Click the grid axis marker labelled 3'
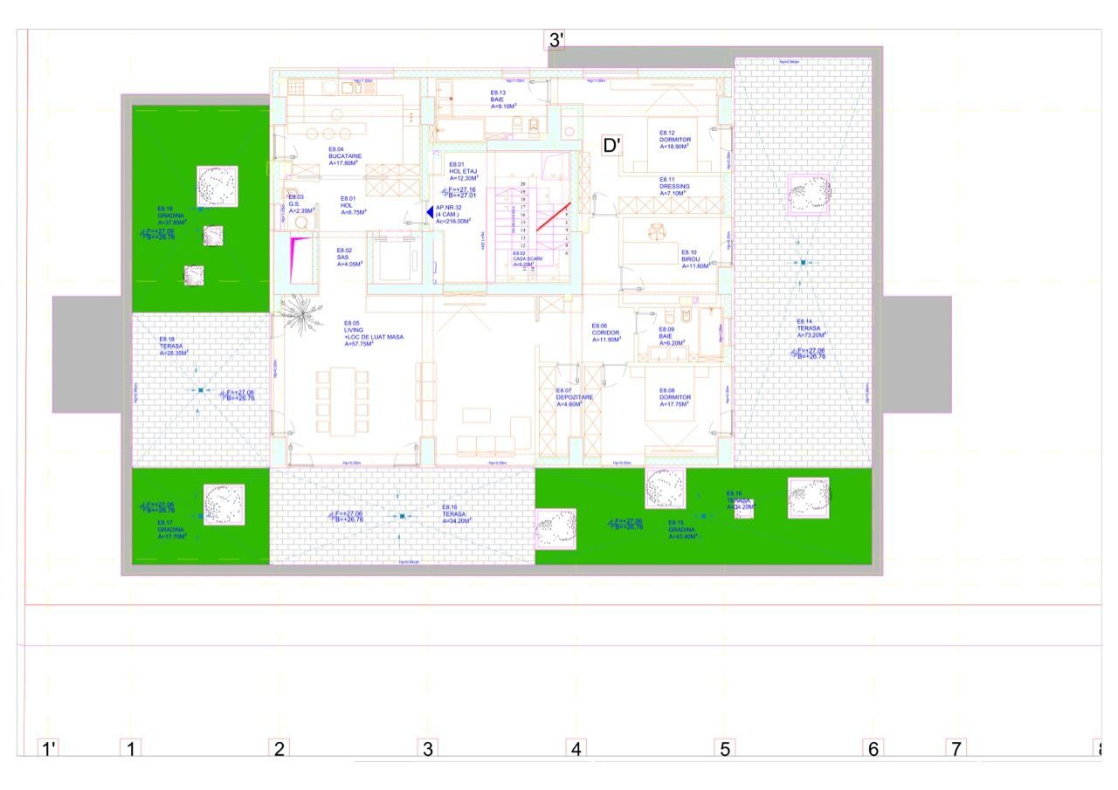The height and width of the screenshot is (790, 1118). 556,40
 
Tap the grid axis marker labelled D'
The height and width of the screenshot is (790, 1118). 612,145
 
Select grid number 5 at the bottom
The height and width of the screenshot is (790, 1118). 724,748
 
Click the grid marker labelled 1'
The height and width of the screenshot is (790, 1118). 49,748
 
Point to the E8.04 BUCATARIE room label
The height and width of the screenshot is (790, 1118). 345,156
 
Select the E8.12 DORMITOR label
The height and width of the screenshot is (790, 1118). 674,140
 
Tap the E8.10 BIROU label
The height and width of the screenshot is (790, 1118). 695,258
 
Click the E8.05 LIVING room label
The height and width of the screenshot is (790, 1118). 373,333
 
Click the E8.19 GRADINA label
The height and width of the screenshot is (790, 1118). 171,216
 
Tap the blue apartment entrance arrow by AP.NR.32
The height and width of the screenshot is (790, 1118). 429,212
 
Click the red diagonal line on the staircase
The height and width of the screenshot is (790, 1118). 553,216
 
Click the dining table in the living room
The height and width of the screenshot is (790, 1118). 343,401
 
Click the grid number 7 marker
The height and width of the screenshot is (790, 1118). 956,748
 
